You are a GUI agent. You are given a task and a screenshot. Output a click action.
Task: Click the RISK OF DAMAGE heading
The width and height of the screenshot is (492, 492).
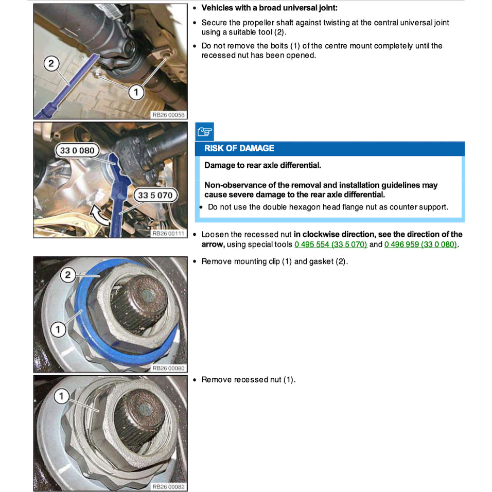[x=239, y=148]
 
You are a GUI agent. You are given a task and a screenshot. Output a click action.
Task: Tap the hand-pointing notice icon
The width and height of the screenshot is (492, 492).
[x=204, y=132]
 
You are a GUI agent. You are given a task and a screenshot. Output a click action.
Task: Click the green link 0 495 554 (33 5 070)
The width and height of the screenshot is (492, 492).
[x=330, y=244]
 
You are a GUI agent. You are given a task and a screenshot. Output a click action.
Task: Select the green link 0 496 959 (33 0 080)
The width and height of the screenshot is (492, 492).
[x=420, y=244]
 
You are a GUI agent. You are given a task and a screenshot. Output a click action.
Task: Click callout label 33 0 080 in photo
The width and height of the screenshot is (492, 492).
[x=77, y=150]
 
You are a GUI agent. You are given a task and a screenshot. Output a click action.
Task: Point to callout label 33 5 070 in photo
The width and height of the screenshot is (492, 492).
[x=155, y=196]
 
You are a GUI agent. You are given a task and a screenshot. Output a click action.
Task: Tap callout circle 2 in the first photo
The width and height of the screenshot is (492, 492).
[x=51, y=64]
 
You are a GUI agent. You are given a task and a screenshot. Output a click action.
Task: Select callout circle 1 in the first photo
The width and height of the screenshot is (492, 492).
[x=135, y=92]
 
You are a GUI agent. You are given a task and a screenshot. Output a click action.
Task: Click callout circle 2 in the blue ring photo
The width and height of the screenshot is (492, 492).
[x=68, y=275]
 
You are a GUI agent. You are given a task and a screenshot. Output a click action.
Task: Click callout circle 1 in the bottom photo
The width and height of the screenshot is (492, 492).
[x=61, y=396]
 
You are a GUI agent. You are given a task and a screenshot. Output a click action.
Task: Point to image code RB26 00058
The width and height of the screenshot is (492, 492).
[x=168, y=115]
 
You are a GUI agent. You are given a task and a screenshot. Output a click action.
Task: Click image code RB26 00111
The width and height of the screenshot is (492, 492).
[x=168, y=233]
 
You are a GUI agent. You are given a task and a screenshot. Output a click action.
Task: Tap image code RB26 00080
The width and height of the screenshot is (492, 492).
[x=168, y=368]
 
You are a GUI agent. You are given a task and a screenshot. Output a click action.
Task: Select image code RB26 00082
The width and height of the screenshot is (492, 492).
[x=168, y=487]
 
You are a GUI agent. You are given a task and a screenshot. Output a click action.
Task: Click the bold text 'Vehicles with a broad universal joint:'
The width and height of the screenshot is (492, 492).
[x=269, y=8]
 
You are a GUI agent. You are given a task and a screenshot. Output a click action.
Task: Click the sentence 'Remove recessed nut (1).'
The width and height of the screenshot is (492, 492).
[x=248, y=380]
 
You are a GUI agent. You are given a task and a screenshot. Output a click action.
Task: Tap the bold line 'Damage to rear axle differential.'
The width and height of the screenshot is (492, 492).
[x=262, y=165]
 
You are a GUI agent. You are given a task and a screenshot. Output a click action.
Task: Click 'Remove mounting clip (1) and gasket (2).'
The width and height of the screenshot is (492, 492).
[x=274, y=261]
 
